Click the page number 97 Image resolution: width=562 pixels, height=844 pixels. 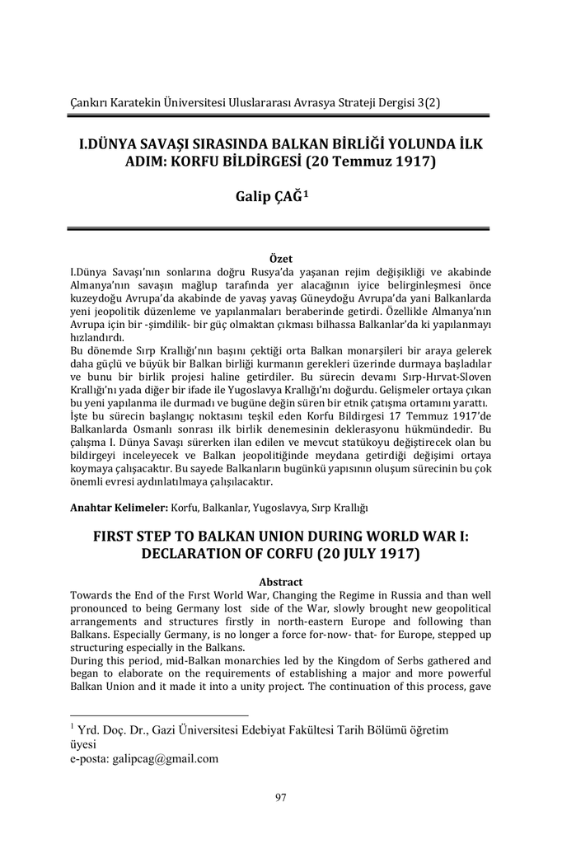tap(281, 795)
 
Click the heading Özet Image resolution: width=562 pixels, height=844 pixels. tap(281, 259)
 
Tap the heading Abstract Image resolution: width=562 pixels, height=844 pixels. tap(281, 582)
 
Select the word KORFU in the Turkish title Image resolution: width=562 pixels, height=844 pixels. tap(194, 161)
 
